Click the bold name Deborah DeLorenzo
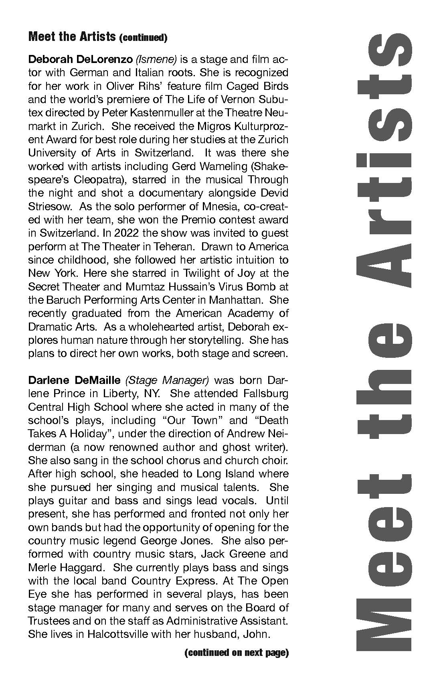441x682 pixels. tap(80, 60)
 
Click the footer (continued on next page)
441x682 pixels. tap(237, 653)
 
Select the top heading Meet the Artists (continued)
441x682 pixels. tap(97, 37)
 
